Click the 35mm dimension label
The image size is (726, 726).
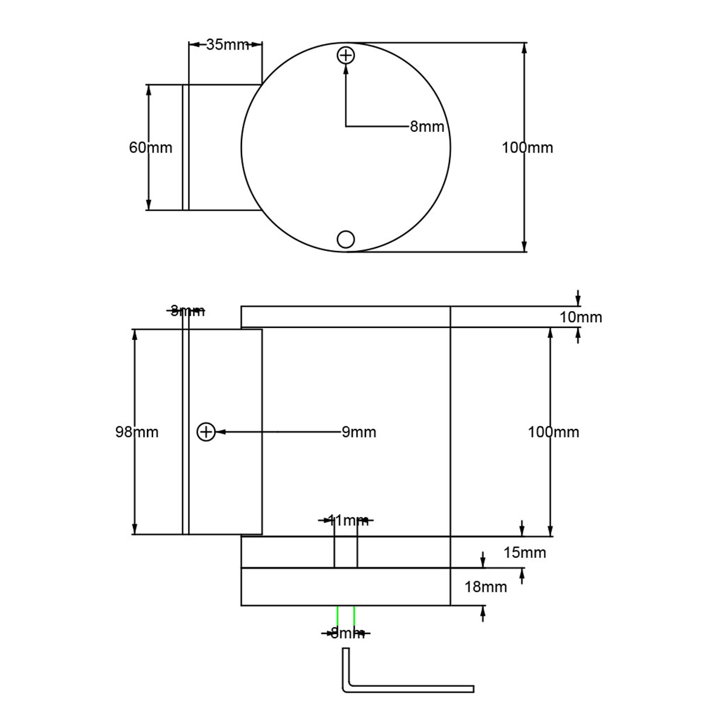point(227,45)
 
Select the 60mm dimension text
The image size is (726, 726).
point(151,148)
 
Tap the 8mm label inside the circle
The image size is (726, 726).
point(427,127)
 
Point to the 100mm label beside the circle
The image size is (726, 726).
point(527,148)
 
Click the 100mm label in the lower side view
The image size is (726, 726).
point(553,432)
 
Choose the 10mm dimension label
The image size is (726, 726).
point(580,317)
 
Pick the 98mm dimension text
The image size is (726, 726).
point(137,432)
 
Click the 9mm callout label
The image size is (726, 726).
point(359,432)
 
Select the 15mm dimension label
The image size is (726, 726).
point(525,552)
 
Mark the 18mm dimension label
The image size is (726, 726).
point(485,586)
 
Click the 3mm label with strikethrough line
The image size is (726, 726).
point(187,312)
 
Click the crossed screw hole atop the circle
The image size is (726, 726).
point(345,56)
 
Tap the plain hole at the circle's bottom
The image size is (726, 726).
point(345,240)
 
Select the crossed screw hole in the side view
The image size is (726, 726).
point(206,432)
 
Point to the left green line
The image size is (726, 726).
point(337,616)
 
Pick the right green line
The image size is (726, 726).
point(354,616)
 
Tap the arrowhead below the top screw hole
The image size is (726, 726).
point(345,69)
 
